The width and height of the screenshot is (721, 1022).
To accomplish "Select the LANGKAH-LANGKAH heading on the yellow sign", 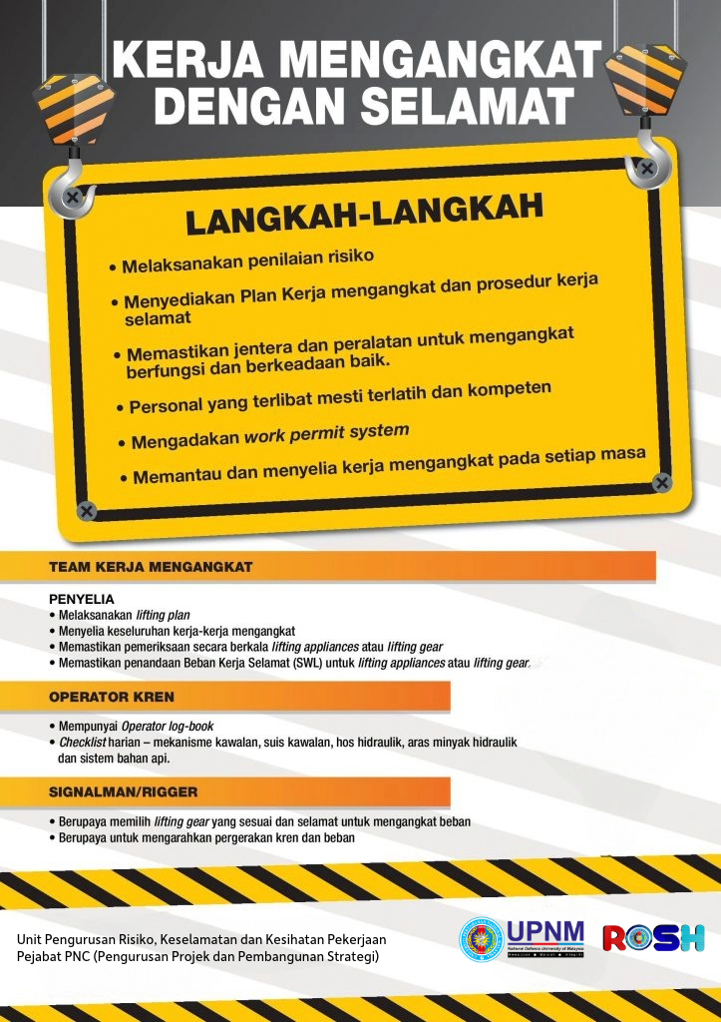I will (x=364, y=214).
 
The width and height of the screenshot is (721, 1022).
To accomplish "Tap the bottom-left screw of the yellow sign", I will (x=87, y=511).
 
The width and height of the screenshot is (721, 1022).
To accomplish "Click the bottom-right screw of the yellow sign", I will (x=662, y=483).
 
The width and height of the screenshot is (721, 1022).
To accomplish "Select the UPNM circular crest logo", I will (x=481, y=938).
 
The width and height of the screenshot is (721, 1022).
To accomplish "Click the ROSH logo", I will (x=653, y=938).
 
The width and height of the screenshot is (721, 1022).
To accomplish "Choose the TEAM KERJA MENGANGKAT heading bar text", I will (x=151, y=567).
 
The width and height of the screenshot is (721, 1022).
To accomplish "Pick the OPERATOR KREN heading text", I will (x=112, y=696).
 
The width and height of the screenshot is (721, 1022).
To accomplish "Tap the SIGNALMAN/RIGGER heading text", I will (x=124, y=791).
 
